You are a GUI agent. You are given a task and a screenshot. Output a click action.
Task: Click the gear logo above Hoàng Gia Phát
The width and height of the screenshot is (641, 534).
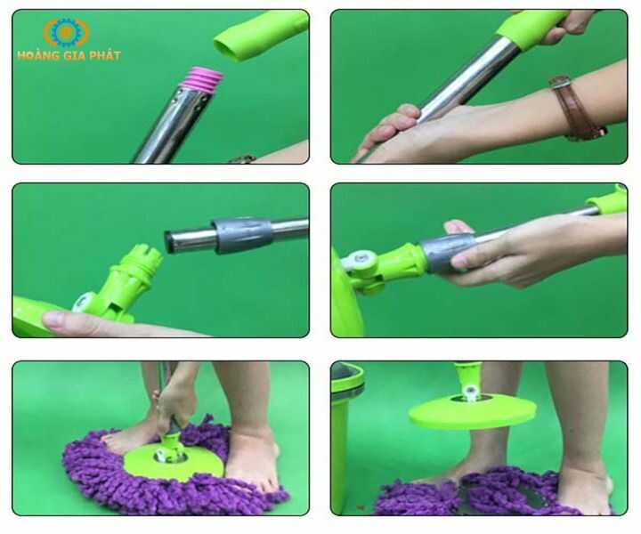click(x=66, y=32)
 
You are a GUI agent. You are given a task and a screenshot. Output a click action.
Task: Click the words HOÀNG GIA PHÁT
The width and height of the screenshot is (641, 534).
click(x=69, y=55)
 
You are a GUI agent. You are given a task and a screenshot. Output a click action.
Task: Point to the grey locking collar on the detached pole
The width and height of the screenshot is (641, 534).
click(x=241, y=235)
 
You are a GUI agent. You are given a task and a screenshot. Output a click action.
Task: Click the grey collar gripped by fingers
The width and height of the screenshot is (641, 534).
click(x=444, y=252)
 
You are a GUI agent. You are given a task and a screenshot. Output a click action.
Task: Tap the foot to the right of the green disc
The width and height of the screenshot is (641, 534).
click(x=253, y=454)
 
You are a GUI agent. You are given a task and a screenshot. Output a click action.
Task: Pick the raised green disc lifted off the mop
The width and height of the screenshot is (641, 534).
click(x=472, y=411)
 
